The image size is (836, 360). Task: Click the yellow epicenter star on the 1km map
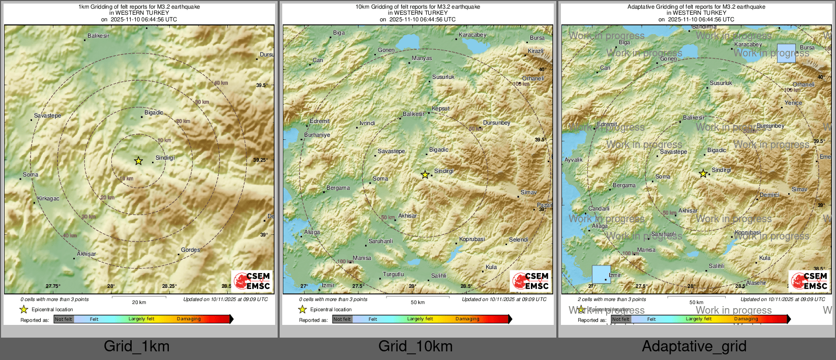[x=138, y=161]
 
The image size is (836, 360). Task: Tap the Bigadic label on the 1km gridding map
[x=154, y=112]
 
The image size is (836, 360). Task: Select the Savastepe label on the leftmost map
[x=47, y=115]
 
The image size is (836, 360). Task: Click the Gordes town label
[x=190, y=250]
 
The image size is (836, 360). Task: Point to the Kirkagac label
[x=48, y=198]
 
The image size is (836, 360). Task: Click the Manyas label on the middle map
[x=422, y=58]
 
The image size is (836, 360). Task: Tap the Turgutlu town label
[x=393, y=274]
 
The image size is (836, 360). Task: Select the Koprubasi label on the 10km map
[x=472, y=239]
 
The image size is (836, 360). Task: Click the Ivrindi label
[x=367, y=123]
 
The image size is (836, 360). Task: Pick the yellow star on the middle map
[x=425, y=174]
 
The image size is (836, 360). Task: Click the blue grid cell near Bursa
[x=786, y=53]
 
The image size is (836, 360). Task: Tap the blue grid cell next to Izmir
[x=601, y=274]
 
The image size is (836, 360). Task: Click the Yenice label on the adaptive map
[x=793, y=103]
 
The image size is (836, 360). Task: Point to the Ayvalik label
[x=573, y=160]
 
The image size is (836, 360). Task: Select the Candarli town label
[x=599, y=208]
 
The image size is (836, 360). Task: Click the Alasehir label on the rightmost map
[x=756, y=283]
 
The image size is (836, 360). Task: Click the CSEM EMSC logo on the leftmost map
[x=252, y=281]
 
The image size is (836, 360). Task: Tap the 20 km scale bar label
[x=139, y=302]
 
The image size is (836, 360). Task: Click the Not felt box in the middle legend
[x=342, y=319]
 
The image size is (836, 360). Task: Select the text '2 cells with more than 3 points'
[x=612, y=299]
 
